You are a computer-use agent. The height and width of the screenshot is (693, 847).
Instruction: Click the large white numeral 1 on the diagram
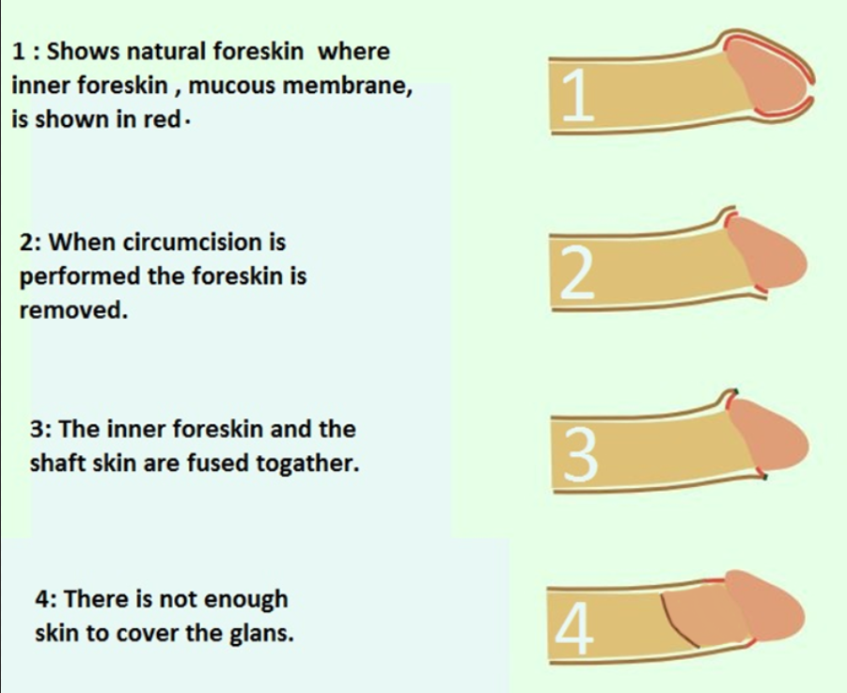[x=578, y=96]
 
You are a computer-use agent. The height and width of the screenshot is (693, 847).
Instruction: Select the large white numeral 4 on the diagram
[x=574, y=628]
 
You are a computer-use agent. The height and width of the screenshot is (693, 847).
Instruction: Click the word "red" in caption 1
[x=162, y=118]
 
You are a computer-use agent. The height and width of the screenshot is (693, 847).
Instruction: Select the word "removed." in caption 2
[x=73, y=310]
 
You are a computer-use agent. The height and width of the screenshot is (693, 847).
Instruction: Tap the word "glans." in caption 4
[x=262, y=633]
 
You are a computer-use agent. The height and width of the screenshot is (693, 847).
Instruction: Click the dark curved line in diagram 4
[x=678, y=622]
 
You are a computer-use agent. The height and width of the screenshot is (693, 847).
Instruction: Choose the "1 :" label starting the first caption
[x=26, y=52]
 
